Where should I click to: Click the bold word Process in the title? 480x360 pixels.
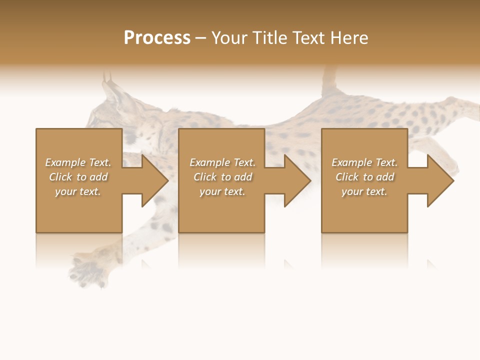click(x=157, y=38)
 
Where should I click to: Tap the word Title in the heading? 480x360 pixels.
click(x=268, y=38)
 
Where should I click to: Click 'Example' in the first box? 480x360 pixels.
click(x=64, y=162)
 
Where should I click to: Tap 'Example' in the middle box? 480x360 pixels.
click(x=208, y=162)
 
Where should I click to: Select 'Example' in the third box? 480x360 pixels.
click(x=350, y=162)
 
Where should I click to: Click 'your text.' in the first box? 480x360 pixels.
click(x=78, y=191)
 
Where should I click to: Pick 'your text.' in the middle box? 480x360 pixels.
click(x=222, y=191)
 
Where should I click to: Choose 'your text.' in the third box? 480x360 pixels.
click(x=364, y=191)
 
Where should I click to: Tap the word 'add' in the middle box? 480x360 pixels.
click(x=243, y=177)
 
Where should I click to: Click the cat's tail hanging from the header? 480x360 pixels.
click(x=329, y=80)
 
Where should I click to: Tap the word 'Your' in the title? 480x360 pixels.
click(x=230, y=38)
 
